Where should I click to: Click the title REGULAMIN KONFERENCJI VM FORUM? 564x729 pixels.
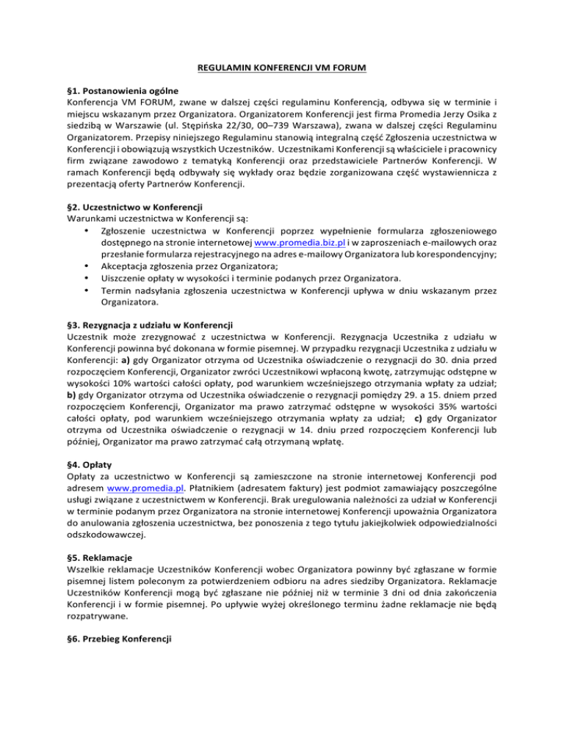click(x=281, y=70)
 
